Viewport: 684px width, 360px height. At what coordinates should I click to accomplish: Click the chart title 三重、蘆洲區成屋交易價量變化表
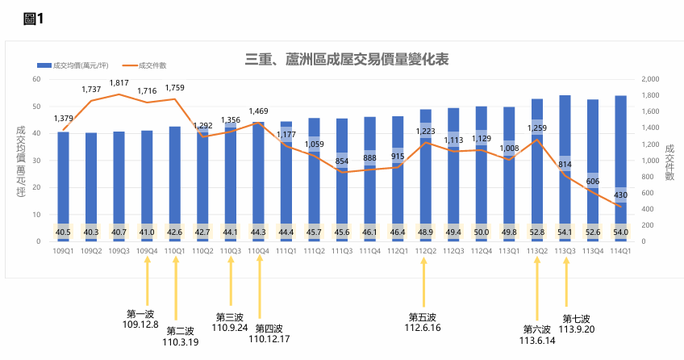[347, 60]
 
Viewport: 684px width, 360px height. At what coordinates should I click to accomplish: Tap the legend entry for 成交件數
[152, 65]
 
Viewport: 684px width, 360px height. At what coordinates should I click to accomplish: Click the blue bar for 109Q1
[63, 186]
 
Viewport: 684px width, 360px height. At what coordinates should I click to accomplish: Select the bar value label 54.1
[565, 232]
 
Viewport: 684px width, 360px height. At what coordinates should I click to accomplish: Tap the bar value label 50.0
[482, 232]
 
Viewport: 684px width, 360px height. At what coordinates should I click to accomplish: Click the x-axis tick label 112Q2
[426, 251]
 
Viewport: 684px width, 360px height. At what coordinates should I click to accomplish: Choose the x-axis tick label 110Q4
[258, 251]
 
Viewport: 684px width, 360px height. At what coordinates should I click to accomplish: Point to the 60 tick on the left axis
[36, 79]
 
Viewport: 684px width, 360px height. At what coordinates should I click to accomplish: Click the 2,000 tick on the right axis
[649, 79]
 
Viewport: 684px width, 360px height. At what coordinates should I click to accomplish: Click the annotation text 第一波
[140, 313]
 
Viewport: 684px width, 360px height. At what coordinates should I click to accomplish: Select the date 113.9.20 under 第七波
[576, 329]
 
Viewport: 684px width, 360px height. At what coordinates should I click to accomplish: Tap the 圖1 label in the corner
[33, 19]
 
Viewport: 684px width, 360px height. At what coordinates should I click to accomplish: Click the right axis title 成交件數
[669, 161]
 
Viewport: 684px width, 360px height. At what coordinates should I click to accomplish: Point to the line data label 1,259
[537, 128]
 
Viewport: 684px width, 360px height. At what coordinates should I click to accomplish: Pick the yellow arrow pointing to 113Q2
[537, 291]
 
